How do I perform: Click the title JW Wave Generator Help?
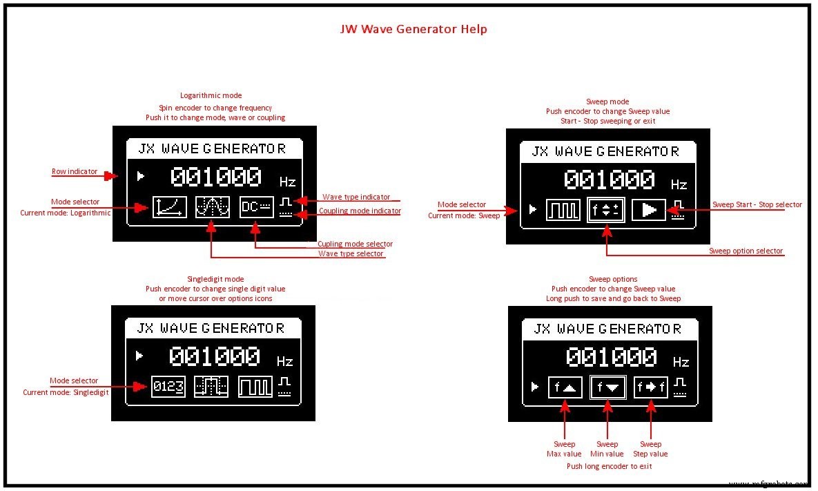point(413,29)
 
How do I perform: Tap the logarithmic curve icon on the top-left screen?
point(170,206)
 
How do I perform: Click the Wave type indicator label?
point(356,197)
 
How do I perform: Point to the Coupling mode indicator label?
point(360,211)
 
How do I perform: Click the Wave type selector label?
point(351,253)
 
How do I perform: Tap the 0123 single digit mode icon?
point(169,387)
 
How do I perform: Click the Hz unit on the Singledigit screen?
point(285,361)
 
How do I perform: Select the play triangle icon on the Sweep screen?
point(649,210)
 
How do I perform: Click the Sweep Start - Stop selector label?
point(757,204)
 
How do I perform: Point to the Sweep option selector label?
point(746,251)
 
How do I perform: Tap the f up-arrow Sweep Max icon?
point(565,387)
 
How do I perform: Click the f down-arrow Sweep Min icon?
point(607,387)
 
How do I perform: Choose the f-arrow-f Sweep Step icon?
point(651,387)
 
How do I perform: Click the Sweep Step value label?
point(650,449)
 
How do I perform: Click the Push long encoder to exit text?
point(609,466)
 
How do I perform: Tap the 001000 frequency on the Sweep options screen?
point(612,357)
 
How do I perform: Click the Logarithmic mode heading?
point(211,95)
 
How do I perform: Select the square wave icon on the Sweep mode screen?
point(563,210)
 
